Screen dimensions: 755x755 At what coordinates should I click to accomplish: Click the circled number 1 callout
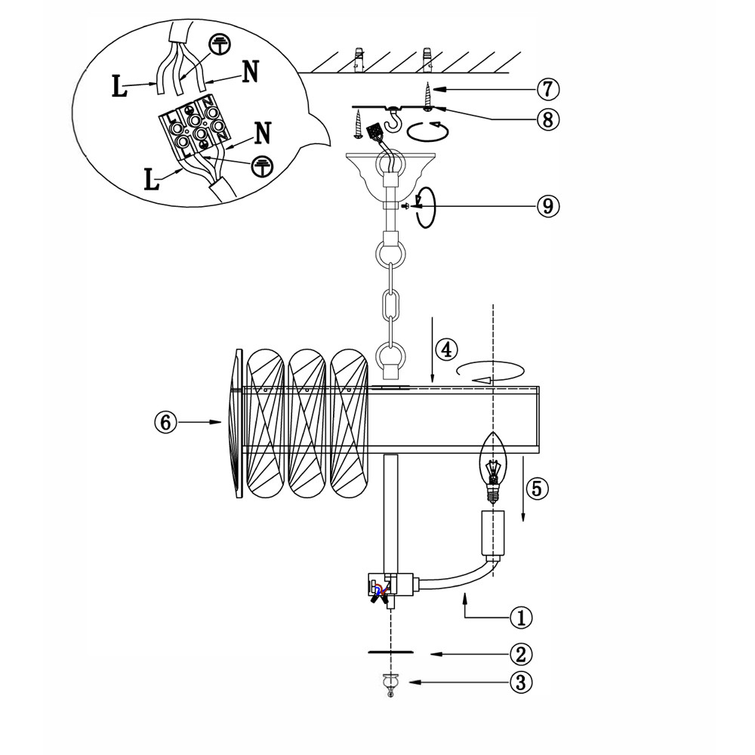pyautogui.click(x=521, y=617)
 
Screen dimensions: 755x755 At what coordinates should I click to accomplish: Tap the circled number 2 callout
pyautogui.click(x=521, y=653)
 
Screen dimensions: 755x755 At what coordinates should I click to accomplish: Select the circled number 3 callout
pyautogui.click(x=521, y=683)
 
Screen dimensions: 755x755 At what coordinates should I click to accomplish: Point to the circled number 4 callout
pyautogui.click(x=445, y=350)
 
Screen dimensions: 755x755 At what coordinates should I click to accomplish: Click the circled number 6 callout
pyautogui.click(x=165, y=422)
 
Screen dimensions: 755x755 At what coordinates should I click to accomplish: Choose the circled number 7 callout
pyautogui.click(x=548, y=89)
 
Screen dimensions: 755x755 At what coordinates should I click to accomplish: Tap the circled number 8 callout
pyautogui.click(x=548, y=119)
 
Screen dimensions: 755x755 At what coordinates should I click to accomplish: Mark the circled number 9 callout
pyautogui.click(x=548, y=206)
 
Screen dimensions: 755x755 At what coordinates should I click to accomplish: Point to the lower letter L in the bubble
pyautogui.click(x=153, y=179)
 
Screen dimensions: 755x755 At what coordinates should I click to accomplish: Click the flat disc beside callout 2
pyautogui.click(x=390, y=652)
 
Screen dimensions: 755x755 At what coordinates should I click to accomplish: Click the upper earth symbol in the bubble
pyautogui.click(x=219, y=45)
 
